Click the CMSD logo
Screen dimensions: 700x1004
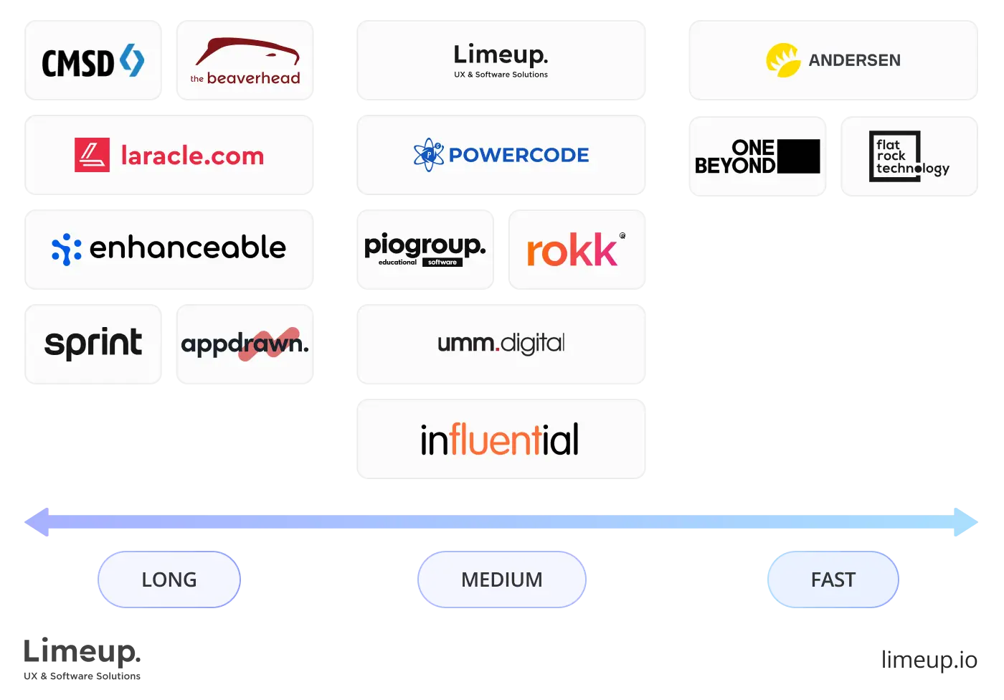[93, 62]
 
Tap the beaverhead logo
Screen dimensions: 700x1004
[245, 62]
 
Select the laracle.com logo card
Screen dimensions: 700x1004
[169, 155]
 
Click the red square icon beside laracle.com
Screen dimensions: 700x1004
[92, 155]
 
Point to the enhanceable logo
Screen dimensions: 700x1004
[169, 248]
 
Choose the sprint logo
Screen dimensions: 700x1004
[93, 344]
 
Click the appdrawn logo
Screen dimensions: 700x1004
[245, 344]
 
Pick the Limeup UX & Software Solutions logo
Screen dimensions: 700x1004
[501, 60]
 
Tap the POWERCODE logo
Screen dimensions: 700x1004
[501, 155]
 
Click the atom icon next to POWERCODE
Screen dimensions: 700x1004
[429, 155]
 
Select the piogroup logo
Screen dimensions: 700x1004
[425, 249]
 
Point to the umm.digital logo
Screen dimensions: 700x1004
[501, 344]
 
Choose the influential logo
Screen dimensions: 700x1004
[500, 439]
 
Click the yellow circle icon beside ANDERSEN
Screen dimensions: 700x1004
[783, 60]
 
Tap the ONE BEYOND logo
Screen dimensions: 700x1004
[757, 156]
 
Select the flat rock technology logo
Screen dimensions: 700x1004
[909, 156]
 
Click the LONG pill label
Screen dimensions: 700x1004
[169, 580]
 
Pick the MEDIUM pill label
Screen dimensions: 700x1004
[502, 580]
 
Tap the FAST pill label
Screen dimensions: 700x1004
[833, 580]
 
